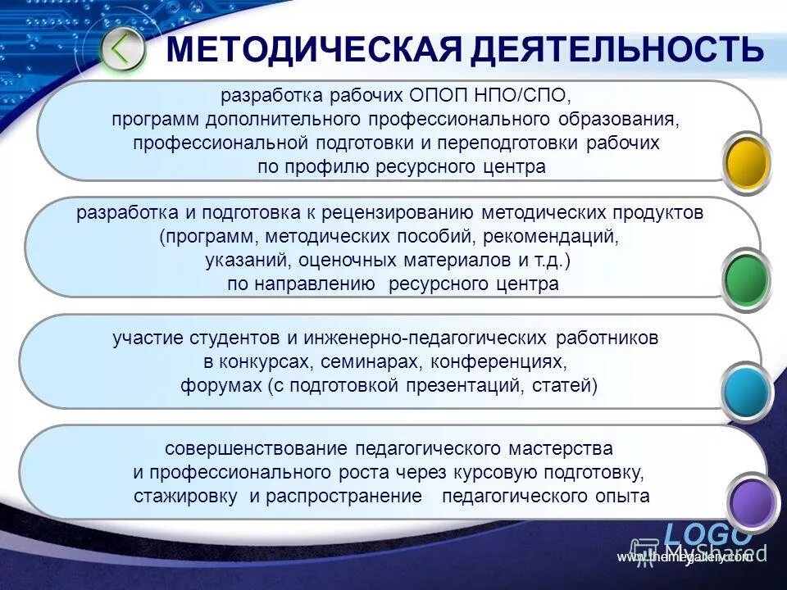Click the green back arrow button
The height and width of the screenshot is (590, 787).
pyautogui.click(x=122, y=50)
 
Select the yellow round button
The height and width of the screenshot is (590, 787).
pyautogui.click(x=747, y=162)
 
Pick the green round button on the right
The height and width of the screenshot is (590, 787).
pyautogui.click(x=747, y=279)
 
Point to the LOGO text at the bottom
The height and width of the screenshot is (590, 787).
pyautogui.click(x=707, y=533)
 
